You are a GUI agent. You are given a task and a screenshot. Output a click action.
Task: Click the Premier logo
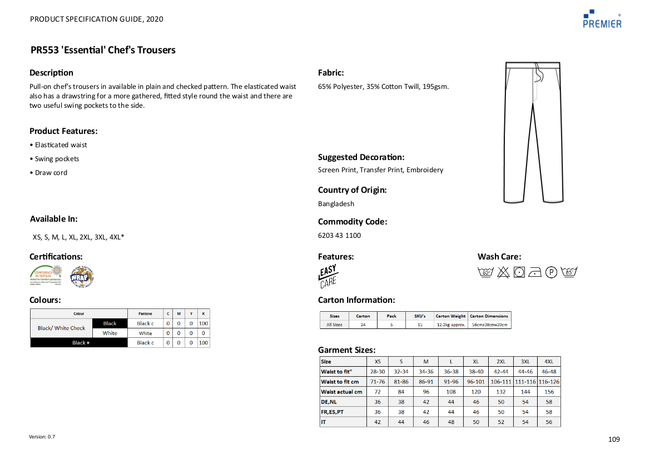click(x=602, y=18)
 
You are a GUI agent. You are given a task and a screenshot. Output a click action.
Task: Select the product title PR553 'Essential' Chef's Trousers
click(x=103, y=50)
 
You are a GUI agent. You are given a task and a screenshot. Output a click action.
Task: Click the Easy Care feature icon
click(x=328, y=276)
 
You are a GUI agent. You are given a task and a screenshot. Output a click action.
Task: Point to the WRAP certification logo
click(x=82, y=276)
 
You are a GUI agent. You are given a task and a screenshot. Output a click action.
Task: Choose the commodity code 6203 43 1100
click(x=339, y=236)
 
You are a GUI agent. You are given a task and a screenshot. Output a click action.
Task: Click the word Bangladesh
click(x=336, y=204)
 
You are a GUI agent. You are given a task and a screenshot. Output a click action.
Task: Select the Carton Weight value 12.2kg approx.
click(x=451, y=325)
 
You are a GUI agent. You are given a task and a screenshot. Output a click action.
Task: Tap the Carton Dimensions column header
click(x=489, y=316)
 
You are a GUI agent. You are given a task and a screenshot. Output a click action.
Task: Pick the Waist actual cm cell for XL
click(x=475, y=392)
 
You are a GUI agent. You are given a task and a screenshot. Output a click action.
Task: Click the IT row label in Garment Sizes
click(x=324, y=422)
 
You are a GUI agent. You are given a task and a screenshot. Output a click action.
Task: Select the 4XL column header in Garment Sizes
click(x=549, y=362)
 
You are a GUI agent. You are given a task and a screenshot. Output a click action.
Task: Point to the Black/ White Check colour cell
click(x=62, y=328)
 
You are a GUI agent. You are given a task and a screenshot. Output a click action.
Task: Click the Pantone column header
click(x=145, y=314)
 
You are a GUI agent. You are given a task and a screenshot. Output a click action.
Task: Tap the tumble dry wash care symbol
click(x=519, y=272)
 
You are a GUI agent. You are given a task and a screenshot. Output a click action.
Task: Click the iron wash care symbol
click(x=535, y=272)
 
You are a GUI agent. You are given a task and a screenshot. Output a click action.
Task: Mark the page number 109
click(x=614, y=440)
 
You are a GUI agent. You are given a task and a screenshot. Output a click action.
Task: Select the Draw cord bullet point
click(x=51, y=173)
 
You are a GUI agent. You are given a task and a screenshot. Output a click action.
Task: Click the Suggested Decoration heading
click(x=361, y=157)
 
